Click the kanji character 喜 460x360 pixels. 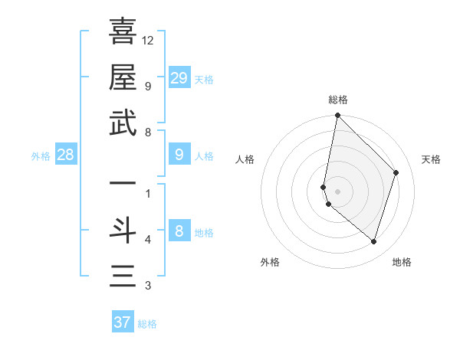click(x=123, y=31)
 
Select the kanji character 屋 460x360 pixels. click(x=123, y=77)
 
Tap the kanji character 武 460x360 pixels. click(x=123, y=123)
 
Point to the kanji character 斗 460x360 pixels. click(x=123, y=231)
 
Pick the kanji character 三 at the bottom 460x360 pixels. click(x=123, y=277)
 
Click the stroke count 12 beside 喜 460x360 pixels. click(x=148, y=40)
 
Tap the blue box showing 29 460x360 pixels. click(x=179, y=78)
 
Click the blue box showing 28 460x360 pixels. click(x=66, y=155)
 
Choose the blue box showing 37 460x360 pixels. click(x=123, y=322)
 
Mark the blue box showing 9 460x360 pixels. click(x=179, y=155)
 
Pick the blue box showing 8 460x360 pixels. click(x=179, y=231)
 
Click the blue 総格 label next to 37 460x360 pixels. click(x=147, y=324)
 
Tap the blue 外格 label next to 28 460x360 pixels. click(x=41, y=156)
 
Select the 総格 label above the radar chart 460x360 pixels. click(x=337, y=100)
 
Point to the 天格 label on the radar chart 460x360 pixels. click(x=431, y=159)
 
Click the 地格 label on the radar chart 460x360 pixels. click(x=402, y=262)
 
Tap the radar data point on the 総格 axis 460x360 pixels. click(x=337, y=116)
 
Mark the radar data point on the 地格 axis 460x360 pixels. click(x=373, y=241)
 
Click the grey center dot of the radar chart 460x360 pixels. click(x=337, y=191)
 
